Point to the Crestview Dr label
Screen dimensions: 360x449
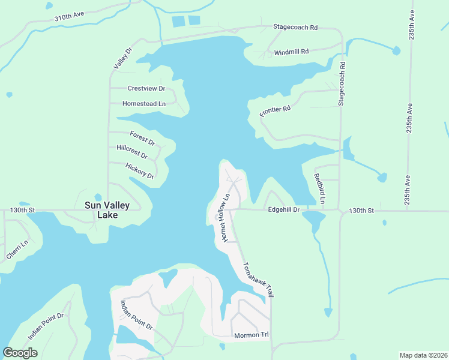pyautogui.click(x=146, y=88)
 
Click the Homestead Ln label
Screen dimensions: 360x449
pyautogui.click(x=143, y=104)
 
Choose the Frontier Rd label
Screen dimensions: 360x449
pyautogui.click(x=275, y=111)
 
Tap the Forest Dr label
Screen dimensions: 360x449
pyautogui.click(x=142, y=138)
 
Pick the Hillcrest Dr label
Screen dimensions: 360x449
pyautogui.click(x=131, y=151)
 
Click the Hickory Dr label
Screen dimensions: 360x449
pyautogui.click(x=140, y=171)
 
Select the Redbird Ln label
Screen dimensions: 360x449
pyautogui.click(x=318, y=188)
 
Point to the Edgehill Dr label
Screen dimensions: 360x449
pyautogui.click(x=283, y=210)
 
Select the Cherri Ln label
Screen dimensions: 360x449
pyautogui.click(x=17, y=250)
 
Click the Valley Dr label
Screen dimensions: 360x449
pyautogui.click(x=122, y=58)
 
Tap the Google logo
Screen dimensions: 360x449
pyautogui.click(x=20, y=353)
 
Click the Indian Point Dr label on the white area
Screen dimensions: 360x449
pyautogui.click(x=137, y=315)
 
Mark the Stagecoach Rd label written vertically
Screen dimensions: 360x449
pyautogui.click(x=342, y=83)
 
